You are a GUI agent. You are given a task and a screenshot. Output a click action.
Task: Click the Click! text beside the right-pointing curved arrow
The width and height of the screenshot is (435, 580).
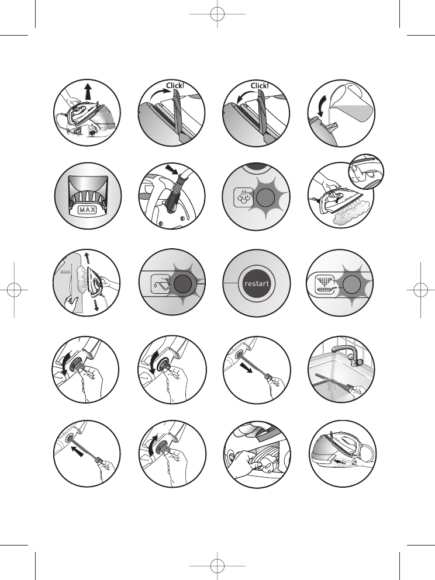tap(175, 85)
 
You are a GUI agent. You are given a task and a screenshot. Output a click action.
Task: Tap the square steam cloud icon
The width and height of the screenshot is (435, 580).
tap(244, 197)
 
